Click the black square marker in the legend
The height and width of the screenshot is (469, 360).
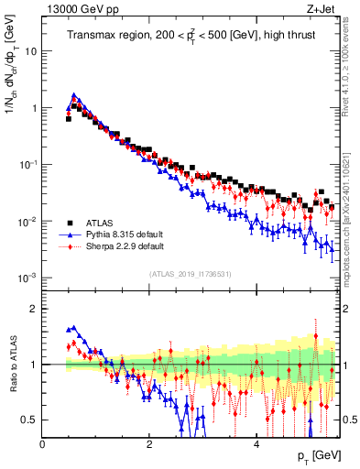[69, 223]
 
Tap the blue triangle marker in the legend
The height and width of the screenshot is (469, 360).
[69, 234]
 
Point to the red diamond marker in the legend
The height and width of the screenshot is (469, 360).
[69, 246]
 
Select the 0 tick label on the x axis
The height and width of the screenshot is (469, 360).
[43, 444]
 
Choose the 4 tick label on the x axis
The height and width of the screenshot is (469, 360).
[256, 444]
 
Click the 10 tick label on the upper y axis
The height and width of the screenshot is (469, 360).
[29, 51]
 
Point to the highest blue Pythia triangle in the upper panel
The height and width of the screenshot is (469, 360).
[74, 94]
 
